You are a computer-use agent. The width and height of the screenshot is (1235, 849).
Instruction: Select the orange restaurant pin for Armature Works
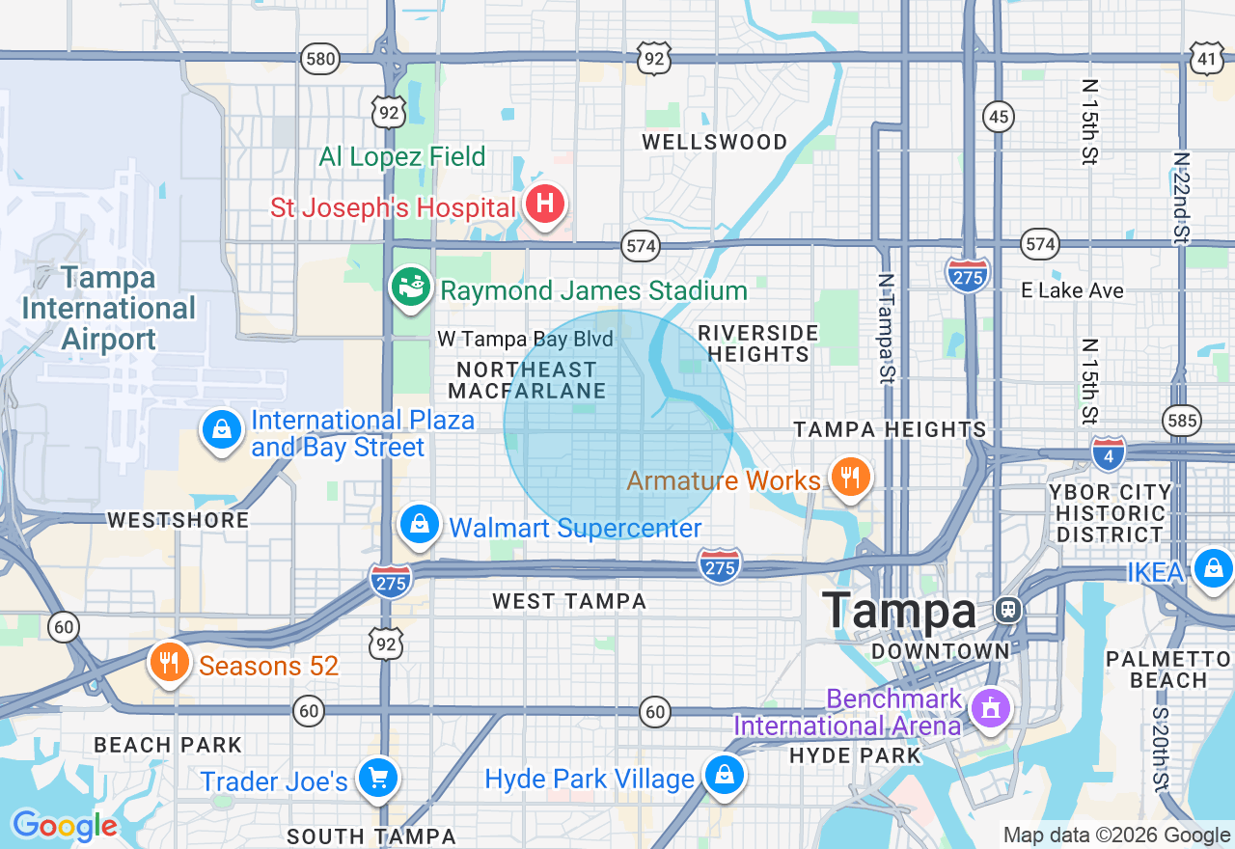[850, 478]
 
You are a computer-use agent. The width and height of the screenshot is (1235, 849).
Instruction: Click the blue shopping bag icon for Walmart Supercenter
[420, 526]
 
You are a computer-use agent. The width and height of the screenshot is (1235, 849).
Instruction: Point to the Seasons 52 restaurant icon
[169, 664]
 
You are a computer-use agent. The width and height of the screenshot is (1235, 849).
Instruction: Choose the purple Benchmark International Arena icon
[989, 709]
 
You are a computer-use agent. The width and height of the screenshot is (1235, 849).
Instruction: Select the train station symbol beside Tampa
[1008, 610]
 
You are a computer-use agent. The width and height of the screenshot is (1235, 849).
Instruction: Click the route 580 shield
[319, 59]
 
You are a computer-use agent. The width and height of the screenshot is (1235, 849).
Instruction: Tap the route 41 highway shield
[1207, 59]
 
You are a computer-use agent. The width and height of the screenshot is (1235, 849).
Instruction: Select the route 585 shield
[1182, 420]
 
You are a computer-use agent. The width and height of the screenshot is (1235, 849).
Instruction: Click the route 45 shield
[999, 118]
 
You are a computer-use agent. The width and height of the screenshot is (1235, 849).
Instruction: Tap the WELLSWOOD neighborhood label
[715, 142]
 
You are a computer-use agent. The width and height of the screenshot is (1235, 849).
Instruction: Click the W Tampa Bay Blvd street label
[525, 339]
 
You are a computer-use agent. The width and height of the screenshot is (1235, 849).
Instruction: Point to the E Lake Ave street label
[1073, 290]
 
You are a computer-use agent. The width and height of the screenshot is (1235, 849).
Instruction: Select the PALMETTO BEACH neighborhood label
[1169, 670]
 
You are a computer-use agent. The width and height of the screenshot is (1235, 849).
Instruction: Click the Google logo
[64, 826]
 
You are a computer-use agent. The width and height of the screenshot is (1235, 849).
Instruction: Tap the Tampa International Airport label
[108, 309]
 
